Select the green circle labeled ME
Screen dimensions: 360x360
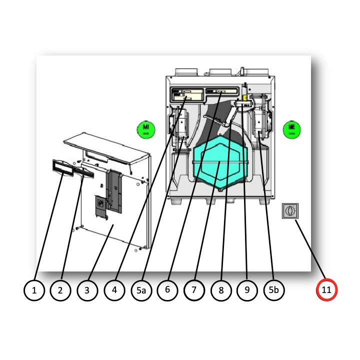(x=291, y=128)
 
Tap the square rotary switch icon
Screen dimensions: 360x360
(x=289, y=211)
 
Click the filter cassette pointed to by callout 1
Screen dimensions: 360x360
(x=62, y=167)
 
